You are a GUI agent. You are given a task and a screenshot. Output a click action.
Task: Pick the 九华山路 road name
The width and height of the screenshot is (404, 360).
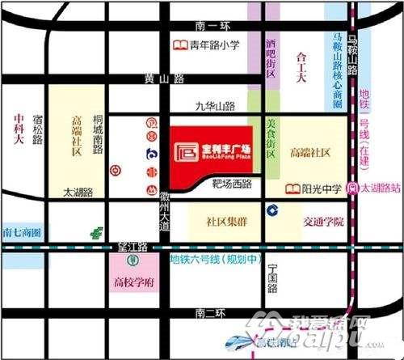(215, 105)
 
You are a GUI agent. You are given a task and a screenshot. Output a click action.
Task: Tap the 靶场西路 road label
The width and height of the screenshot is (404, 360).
(231, 184)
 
